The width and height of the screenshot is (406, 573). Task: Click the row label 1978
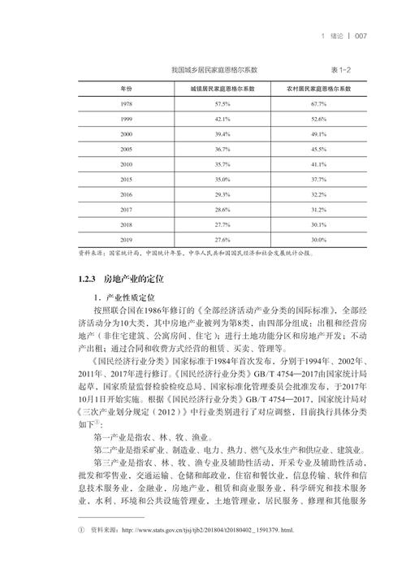pos(126,104)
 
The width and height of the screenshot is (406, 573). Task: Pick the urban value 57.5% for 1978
pos(222,104)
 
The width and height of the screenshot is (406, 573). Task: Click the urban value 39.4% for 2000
pos(222,134)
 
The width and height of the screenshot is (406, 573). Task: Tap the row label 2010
pos(126,164)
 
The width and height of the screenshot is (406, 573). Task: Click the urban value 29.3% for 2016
pos(222,195)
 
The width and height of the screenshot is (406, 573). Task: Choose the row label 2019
pos(126,240)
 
